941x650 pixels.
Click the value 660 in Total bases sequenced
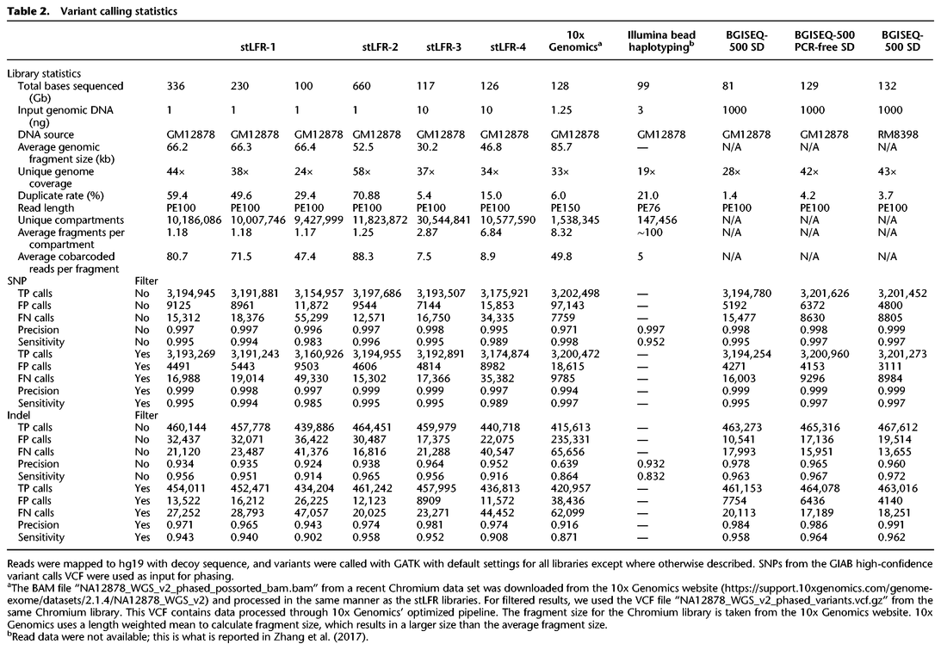[366, 86]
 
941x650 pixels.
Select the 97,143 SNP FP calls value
[566, 304]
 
